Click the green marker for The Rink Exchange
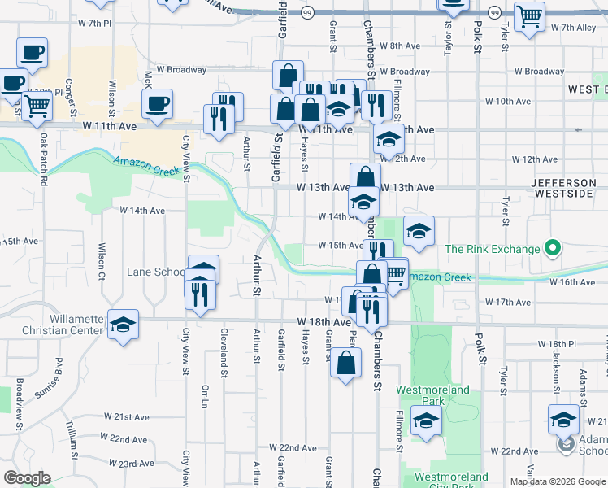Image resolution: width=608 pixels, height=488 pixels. [554, 248]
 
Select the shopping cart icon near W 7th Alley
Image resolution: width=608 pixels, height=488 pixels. [529, 16]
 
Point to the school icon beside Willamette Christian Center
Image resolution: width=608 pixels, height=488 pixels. [123, 325]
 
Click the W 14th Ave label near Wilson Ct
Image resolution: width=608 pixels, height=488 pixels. [142, 211]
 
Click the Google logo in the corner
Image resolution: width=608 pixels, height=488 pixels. [27, 478]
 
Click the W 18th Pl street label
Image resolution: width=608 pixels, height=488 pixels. [556, 345]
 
